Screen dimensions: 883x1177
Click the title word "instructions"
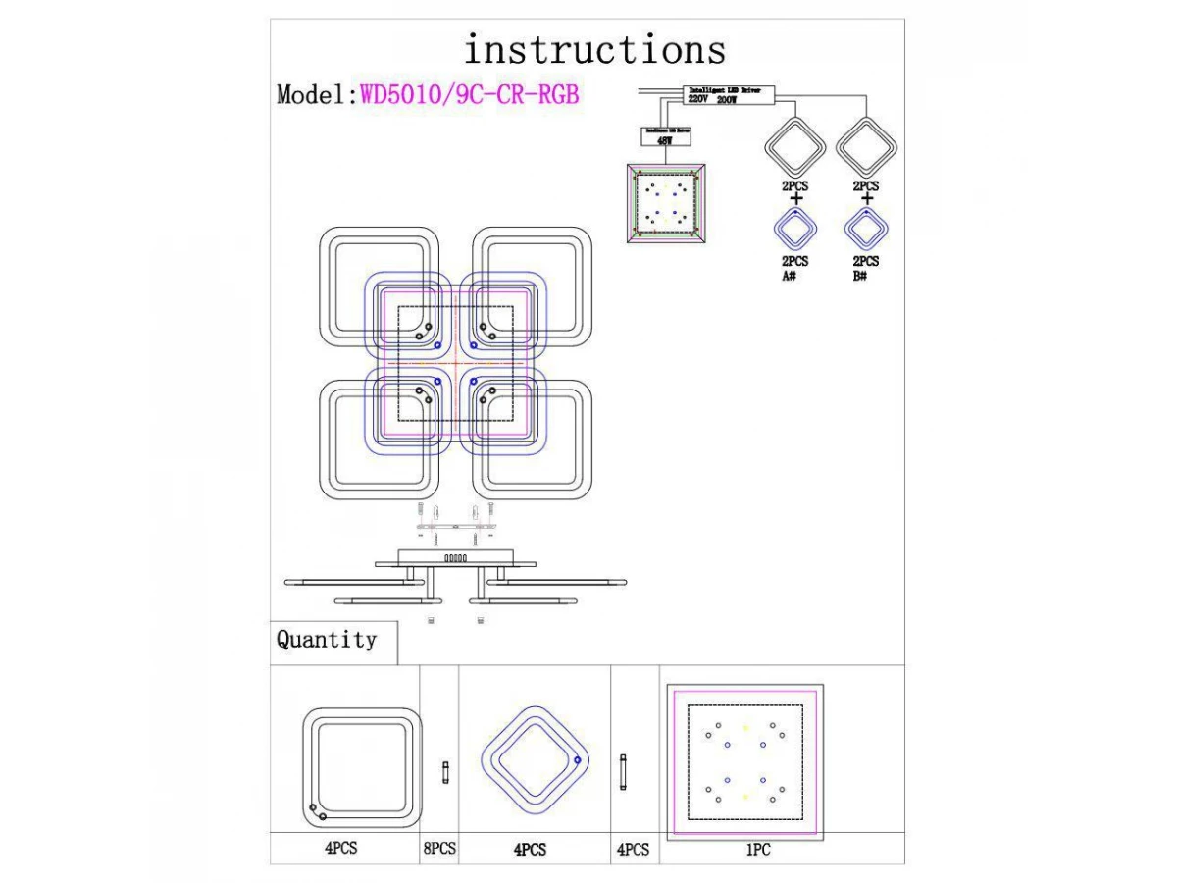[x=594, y=49]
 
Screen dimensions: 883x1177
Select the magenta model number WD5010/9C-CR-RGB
[x=470, y=95]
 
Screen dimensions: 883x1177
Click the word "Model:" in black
[x=317, y=95]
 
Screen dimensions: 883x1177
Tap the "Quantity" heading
[x=327, y=641]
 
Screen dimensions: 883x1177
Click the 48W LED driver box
[x=664, y=135]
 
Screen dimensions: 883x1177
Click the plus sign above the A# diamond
[x=795, y=199]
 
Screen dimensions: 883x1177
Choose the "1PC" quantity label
[x=757, y=851]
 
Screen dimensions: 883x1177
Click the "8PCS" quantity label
[x=439, y=849]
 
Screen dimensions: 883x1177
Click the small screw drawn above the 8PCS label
[x=446, y=771]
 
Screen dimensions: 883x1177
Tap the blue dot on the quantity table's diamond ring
[x=577, y=760]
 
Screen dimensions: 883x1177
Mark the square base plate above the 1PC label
[x=744, y=762]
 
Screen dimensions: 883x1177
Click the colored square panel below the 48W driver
[x=666, y=202]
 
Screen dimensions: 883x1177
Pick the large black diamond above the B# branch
[x=867, y=147]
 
